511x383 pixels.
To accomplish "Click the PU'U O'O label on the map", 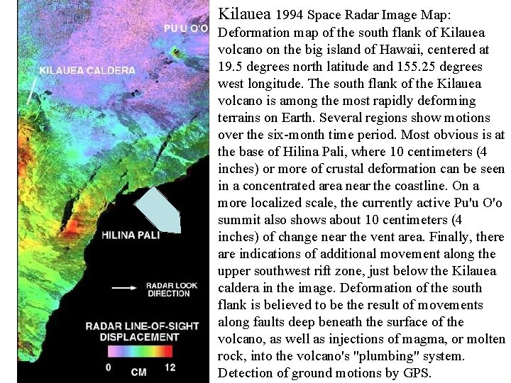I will [x=185, y=28].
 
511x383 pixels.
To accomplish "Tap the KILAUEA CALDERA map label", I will [x=87, y=70].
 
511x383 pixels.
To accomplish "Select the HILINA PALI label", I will [x=131, y=235].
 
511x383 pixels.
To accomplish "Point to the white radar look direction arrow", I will [x=124, y=287].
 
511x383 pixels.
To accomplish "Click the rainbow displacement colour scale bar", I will [x=142, y=351].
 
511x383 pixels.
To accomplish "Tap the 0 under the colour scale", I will [x=109, y=367].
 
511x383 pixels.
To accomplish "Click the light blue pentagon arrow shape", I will [x=159, y=209].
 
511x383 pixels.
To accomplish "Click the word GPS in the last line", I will [x=418, y=373].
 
